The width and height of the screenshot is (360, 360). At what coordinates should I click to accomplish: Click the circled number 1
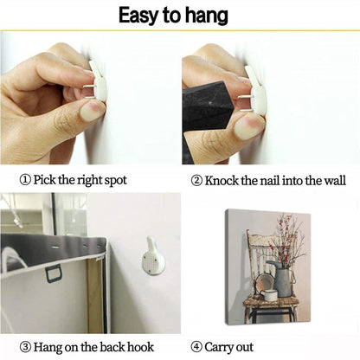click(25, 180)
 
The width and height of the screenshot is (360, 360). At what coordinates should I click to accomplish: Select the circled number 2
click(196, 181)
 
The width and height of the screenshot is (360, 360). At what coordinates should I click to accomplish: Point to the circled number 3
click(25, 347)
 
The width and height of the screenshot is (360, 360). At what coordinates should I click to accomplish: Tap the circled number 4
click(196, 347)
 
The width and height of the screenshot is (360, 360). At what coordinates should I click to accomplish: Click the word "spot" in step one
click(115, 181)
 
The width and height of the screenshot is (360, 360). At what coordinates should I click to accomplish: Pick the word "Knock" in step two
click(222, 181)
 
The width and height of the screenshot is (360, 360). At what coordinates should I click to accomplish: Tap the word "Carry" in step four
click(219, 347)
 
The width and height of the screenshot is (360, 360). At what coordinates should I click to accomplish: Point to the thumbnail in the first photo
click(93, 112)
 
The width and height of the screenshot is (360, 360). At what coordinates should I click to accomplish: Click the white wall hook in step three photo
click(153, 256)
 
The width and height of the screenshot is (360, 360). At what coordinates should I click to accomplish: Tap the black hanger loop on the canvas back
click(54, 273)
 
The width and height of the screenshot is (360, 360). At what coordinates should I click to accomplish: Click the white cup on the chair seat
click(269, 295)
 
